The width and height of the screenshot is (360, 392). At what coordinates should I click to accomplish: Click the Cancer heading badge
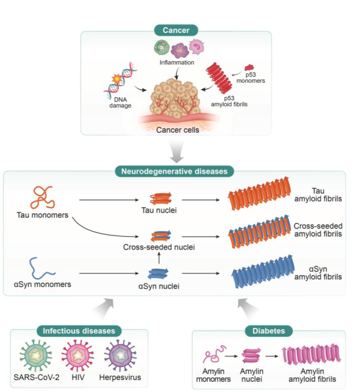point(176,31)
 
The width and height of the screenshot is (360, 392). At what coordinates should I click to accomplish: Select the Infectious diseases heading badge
point(79,330)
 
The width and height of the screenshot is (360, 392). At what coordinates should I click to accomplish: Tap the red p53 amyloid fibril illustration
point(221,79)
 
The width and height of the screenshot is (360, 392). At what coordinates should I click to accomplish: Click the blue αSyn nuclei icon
point(158,274)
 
